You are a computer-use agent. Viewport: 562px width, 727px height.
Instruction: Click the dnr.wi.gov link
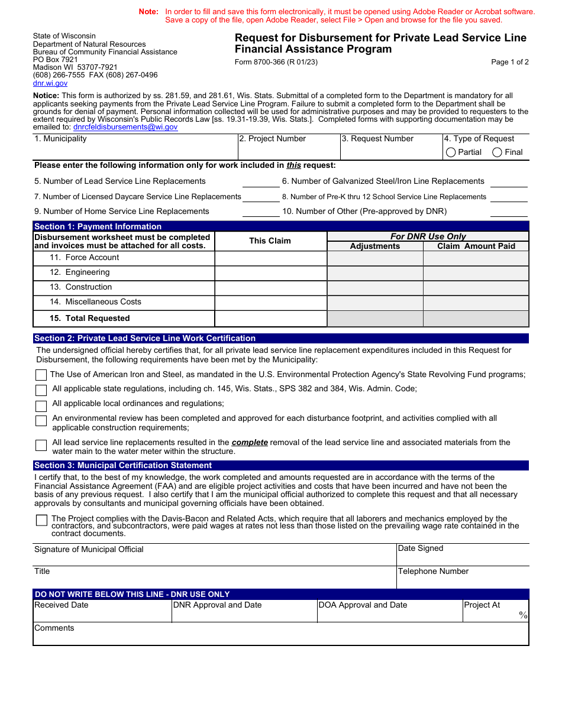(x=50, y=83)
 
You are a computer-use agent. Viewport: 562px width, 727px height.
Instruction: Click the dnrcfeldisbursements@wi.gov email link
(x=125, y=126)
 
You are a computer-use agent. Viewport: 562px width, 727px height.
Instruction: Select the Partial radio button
(x=451, y=152)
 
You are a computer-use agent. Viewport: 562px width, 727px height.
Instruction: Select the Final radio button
(x=498, y=152)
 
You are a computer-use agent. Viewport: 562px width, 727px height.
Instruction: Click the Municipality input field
(x=135, y=152)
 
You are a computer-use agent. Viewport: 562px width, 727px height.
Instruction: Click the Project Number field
(x=288, y=152)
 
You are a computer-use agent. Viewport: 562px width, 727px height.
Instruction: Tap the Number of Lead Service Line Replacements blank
(x=260, y=181)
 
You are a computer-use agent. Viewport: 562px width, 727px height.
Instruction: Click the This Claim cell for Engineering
(x=270, y=273)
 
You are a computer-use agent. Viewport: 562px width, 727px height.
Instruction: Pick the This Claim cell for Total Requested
(x=270, y=319)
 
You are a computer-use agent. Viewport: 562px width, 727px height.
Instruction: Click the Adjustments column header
(x=374, y=246)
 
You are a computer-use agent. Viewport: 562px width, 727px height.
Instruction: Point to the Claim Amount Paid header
(x=476, y=246)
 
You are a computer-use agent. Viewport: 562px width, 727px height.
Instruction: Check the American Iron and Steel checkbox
(x=41, y=375)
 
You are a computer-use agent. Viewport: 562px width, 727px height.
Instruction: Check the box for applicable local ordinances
(x=41, y=406)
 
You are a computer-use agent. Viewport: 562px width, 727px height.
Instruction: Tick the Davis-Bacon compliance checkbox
(x=41, y=520)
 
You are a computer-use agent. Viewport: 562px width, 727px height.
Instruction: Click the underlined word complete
(x=250, y=442)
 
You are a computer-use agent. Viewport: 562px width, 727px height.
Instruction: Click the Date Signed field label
(x=420, y=549)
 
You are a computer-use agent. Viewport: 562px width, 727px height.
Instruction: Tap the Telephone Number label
(x=433, y=571)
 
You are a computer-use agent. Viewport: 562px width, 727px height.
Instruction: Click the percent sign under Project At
(x=523, y=615)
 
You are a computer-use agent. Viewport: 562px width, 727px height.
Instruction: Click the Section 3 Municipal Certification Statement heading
(x=123, y=466)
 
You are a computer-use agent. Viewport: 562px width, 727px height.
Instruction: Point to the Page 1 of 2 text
(x=509, y=62)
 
